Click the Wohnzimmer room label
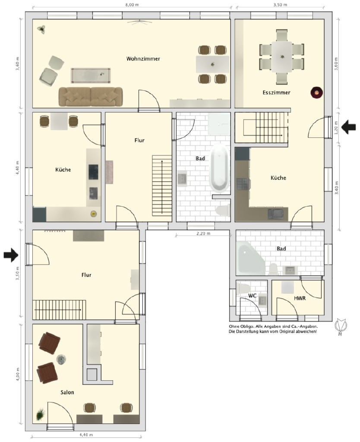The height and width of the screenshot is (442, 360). point(143,59)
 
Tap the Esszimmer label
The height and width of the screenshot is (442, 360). point(276,92)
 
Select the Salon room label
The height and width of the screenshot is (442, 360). point(67,392)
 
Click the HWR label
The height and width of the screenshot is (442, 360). point(300,298)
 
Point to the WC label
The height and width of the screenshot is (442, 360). point(253,295)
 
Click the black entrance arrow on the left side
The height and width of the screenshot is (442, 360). point(11,255)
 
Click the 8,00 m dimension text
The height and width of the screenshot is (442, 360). point(132,4)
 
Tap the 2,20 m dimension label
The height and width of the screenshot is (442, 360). point(203,234)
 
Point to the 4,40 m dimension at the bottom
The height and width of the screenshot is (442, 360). point(86,435)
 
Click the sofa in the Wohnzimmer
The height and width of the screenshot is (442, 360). point(91,97)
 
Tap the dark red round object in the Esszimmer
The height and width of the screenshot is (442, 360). point(316,92)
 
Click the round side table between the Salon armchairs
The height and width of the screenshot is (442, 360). point(61,359)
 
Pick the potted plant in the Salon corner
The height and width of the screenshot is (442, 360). point(41,414)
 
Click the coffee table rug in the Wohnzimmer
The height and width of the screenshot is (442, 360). point(91,76)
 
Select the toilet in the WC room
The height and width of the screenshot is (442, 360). point(243,288)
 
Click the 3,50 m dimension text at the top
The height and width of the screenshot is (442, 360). point(280,4)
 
